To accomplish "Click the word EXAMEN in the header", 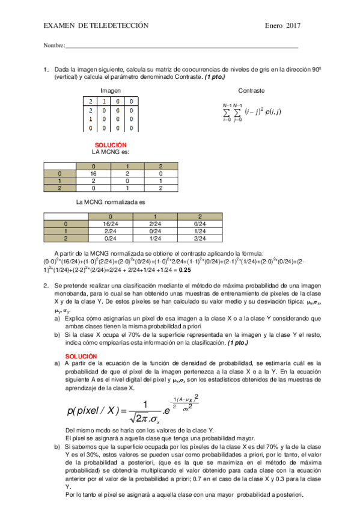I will click(58, 25).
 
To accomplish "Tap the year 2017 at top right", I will click(293, 25).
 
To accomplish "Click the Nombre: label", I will click(54, 46).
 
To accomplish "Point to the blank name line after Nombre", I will click(180, 47).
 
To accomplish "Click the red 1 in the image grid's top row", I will click(105, 102).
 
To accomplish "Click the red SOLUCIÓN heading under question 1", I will click(111, 145).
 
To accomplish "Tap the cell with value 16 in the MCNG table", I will click(93, 172).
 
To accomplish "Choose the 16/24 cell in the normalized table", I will click(110, 223).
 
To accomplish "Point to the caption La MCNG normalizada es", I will click(111, 203).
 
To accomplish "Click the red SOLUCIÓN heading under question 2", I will click(80, 356).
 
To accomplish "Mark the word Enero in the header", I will click(275, 25).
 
